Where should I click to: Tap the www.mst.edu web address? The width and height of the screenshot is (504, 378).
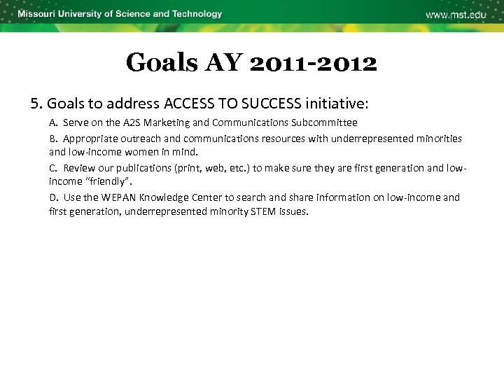[456, 15]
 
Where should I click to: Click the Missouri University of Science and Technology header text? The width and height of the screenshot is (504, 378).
[120, 14]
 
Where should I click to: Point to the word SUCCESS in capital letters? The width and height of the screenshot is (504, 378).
[271, 104]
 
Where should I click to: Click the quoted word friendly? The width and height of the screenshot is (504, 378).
[104, 181]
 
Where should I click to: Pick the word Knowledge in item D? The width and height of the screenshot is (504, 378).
[164, 197]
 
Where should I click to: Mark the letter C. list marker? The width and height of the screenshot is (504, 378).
[53, 168]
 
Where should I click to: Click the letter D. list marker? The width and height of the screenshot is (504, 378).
[54, 197]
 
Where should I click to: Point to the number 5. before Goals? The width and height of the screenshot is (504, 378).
[36, 104]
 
